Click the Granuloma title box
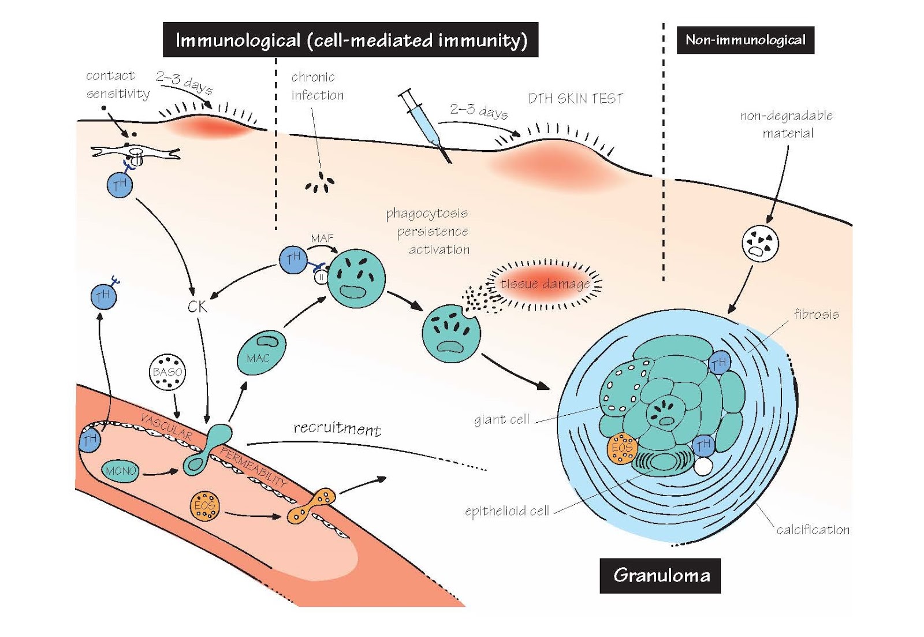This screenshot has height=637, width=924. [660, 575]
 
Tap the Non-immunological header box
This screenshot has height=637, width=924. [745, 40]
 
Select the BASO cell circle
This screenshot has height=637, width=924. [167, 372]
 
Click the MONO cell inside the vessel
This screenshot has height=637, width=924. [121, 471]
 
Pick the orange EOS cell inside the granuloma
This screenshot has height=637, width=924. [622, 448]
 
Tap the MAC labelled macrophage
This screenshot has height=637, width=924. [261, 352]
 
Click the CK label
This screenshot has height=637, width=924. [198, 306]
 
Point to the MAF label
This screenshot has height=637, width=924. [322, 238]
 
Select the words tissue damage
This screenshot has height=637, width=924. [545, 284]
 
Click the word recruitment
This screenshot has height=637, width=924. [337, 428]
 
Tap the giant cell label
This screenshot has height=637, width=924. [501, 419]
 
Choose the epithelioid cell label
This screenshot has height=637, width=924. [506, 511]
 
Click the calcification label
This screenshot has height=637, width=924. [813, 530]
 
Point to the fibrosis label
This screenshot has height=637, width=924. [816, 314]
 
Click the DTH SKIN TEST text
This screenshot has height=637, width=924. [576, 99]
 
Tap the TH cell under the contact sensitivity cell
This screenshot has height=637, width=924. [120, 185]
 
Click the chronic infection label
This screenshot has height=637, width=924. [317, 86]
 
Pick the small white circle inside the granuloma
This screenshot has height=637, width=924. [703, 466]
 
